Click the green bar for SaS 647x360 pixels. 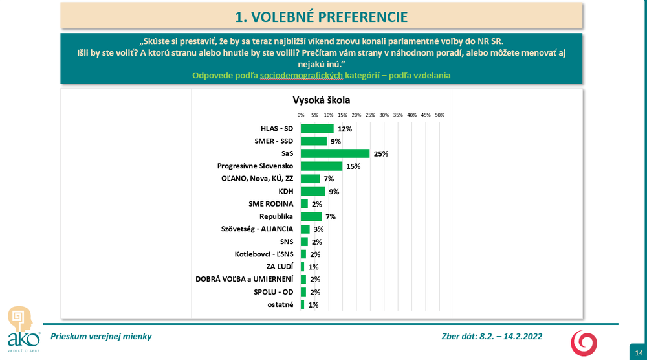(335, 153)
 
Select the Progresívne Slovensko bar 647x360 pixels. (322, 166)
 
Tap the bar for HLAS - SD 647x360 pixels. (317, 129)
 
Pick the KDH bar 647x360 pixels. (313, 191)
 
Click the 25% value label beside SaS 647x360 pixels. (380, 154)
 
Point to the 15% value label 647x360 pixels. (353, 166)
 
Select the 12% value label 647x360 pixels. (344, 129)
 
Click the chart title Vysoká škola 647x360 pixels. (322, 100)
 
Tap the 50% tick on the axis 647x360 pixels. (439, 115)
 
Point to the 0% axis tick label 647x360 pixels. (301, 115)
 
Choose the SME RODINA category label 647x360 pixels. (271, 203)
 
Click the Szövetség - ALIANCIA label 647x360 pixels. (258, 229)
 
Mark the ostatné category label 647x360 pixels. (281, 304)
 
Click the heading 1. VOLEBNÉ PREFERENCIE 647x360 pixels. (321, 16)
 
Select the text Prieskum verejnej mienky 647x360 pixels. (101, 336)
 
